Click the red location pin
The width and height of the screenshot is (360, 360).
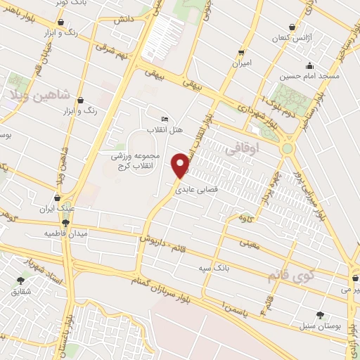pyautogui.click(x=181, y=166)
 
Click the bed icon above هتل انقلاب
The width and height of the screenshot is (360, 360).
pyautogui.click(x=165, y=119)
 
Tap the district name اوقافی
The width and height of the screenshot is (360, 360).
pyautogui.click(x=242, y=149)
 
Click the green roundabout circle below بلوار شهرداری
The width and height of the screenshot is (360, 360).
pyautogui.click(x=287, y=148)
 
